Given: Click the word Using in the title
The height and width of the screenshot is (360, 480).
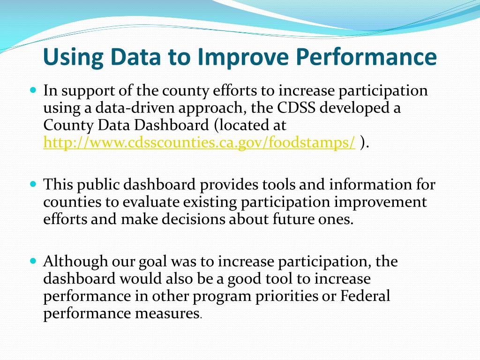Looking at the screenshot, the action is click(73, 57).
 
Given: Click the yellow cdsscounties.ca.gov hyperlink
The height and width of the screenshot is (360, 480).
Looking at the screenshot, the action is click(199, 142).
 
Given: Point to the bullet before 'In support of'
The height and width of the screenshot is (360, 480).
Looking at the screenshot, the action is click(33, 90).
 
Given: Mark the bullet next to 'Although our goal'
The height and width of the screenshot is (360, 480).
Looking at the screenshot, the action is click(33, 261).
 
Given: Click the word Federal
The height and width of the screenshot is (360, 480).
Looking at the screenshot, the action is click(365, 296).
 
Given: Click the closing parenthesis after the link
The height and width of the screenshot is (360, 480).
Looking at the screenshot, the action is click(363, 142).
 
